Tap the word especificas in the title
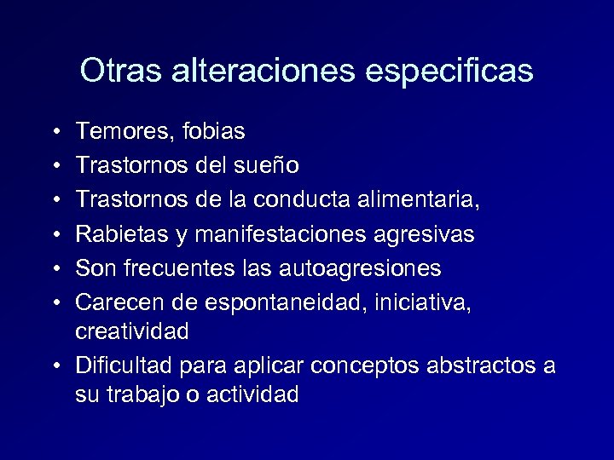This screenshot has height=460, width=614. (x=449, y=71)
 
